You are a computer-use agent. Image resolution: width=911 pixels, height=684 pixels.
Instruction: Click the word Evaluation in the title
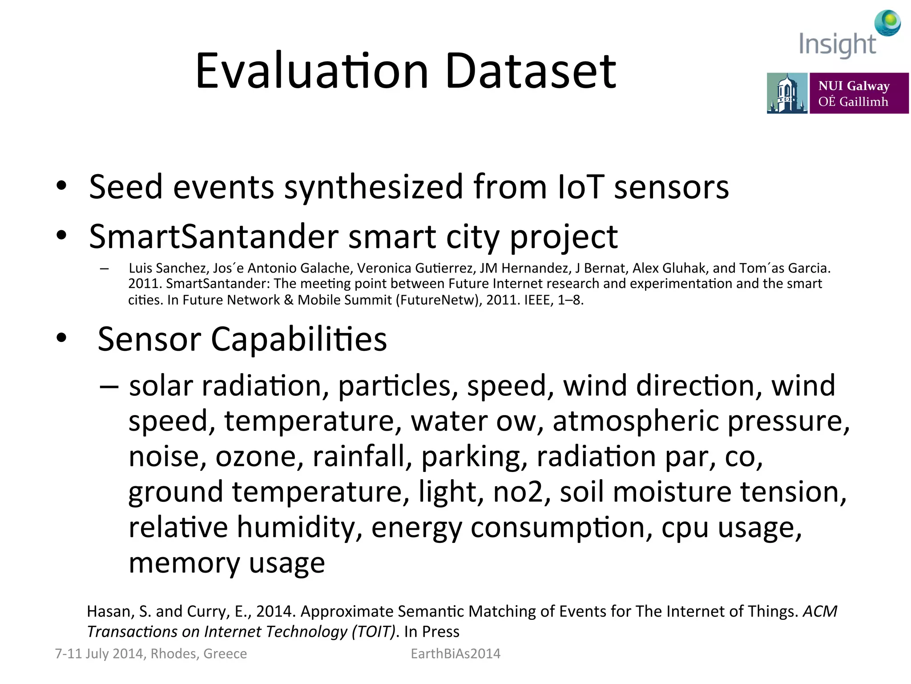click(x=311, y=71)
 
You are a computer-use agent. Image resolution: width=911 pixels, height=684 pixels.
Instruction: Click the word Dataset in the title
click(x=530, y=71)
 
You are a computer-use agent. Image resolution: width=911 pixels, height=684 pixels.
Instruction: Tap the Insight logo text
click(x=837, y=45)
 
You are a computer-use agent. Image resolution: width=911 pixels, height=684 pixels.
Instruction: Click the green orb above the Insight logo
click(x=888, y=22)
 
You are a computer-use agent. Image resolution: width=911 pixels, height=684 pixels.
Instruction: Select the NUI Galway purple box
click(x=859, y=93)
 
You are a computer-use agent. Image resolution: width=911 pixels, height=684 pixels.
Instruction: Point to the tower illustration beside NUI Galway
click(x=786, y=93)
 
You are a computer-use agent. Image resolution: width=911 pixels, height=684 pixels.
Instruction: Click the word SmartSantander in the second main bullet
click(x=214, y=236)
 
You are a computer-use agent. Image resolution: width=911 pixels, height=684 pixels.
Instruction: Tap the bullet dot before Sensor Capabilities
click(x=61, y=338)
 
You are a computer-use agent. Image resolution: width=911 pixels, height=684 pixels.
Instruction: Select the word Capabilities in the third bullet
click(x=298, y=339)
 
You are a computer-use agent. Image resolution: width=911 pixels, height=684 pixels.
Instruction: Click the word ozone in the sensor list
click(x=256, y=457)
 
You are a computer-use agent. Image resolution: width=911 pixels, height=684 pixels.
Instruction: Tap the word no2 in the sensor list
click(x=517, y=493)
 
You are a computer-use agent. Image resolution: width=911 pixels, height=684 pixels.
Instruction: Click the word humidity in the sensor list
click(x=299, y=528)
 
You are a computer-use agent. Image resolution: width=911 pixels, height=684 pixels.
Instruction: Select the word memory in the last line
click(x=184, y=563)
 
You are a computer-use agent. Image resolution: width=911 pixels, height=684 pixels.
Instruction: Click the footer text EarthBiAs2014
click(x=455, y=654)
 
